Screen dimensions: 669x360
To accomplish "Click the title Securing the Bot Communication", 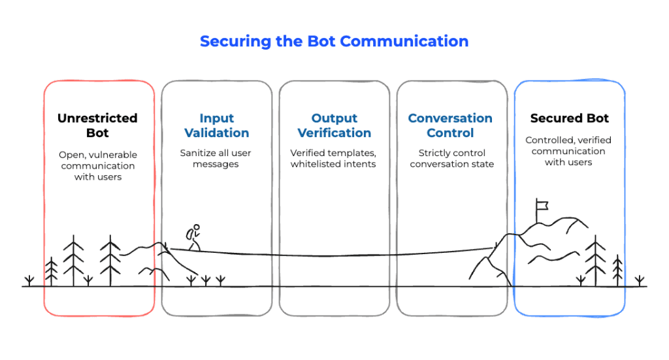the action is (334, 41).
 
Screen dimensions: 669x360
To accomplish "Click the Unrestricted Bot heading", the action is (98, 125).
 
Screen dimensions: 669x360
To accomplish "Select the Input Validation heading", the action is (217, 125).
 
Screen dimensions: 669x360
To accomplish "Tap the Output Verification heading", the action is (334, 125).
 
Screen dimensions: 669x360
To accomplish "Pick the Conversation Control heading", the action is (450, 125).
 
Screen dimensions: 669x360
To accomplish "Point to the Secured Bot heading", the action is (569, 118).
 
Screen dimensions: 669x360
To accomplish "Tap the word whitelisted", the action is (314, 164).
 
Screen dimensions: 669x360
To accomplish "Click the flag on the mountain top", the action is (542, 206).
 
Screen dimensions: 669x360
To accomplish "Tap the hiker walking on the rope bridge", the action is (193, 237).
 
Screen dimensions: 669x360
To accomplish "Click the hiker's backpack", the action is (189, 234).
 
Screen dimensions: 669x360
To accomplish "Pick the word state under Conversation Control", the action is (483, 164).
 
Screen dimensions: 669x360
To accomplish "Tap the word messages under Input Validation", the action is (216, 164).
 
